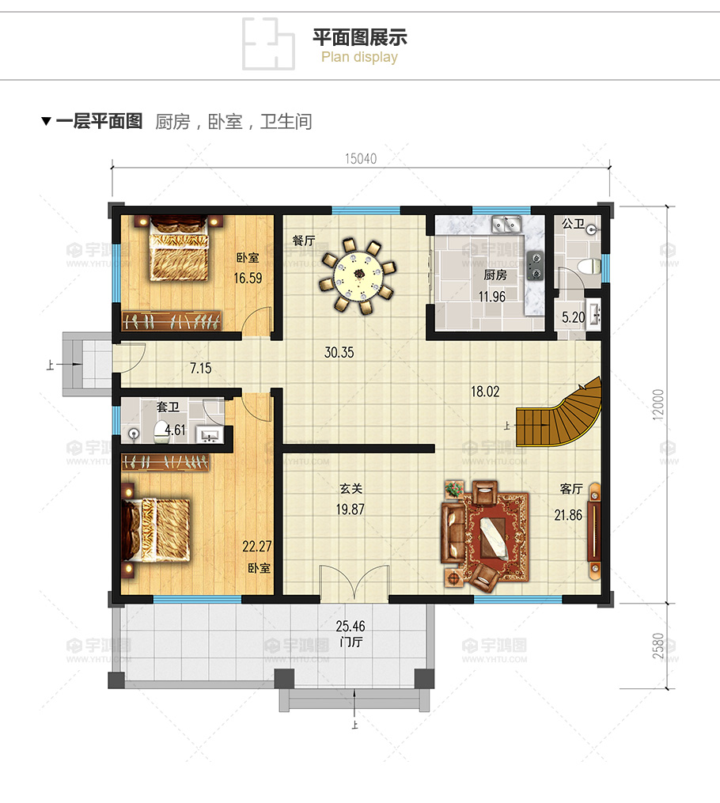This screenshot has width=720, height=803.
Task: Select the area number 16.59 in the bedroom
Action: click(x=248, y=278)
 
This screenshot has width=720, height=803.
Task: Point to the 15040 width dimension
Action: click(x=360, y=158)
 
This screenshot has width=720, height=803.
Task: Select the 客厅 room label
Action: click(x=569, y=491)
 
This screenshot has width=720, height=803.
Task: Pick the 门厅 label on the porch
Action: click(x=351, y=642)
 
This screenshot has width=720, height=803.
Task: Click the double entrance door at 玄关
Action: click(x=354, y=585)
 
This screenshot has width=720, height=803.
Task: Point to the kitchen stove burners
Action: click(x=535, y=266)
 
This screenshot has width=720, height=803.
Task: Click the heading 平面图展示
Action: click(x=360, y=37)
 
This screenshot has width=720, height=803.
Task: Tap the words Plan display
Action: click(x=360, y=57)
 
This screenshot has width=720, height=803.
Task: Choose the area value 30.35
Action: click(x=339, y=353)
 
